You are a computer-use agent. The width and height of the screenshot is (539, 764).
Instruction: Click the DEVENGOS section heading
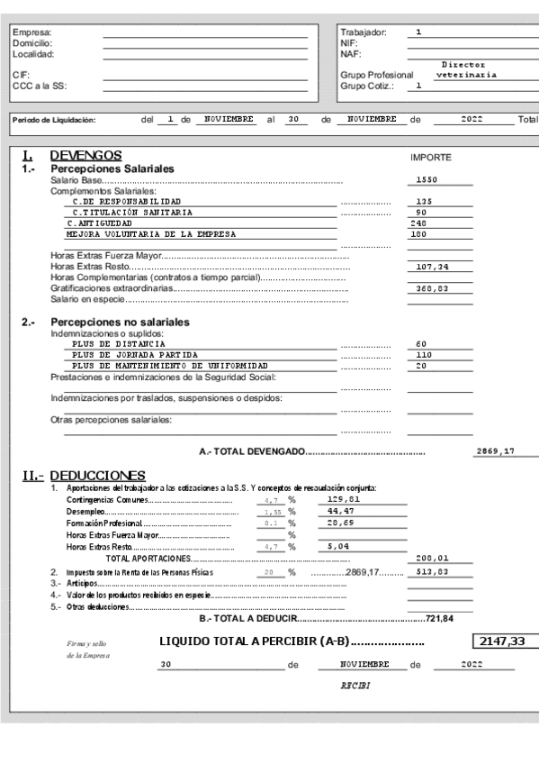pos(86,155)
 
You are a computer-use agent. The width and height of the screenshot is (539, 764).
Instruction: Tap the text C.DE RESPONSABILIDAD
pos(123,201)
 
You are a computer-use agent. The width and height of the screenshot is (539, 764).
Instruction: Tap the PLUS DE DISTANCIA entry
pos(119,344)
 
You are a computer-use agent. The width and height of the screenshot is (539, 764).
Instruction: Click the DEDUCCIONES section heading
pos(97,474)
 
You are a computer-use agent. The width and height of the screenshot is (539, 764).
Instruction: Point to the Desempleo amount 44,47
pos(341,510)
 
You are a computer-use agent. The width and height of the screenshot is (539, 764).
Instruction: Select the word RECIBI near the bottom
pos(352,685)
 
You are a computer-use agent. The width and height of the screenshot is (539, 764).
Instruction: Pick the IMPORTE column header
pos(430,157)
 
